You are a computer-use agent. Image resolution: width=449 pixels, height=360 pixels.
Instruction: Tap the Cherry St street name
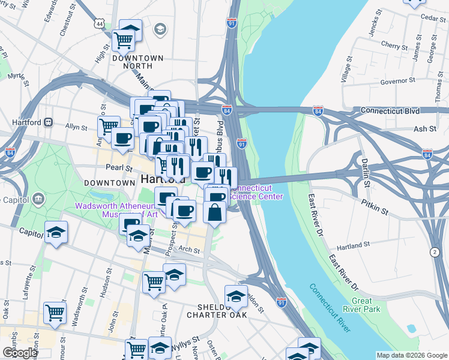pos(390,46)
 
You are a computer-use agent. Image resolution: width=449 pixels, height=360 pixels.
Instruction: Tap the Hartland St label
pos(353,246)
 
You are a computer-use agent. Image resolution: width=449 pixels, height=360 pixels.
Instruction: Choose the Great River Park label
pos(366,305)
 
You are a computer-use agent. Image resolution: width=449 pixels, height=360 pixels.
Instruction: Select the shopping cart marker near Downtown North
pos(123,41)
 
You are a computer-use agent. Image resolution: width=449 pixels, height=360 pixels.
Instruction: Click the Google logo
pos(20,353)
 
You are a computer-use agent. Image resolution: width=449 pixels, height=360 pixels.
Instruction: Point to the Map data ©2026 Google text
pos(411,355)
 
